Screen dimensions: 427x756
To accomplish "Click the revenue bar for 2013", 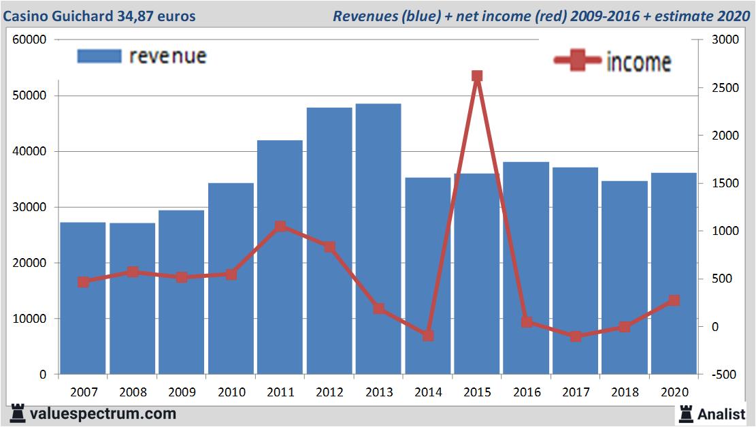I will click(x=378, y=238).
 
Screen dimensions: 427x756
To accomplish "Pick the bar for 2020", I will click(x=674, y=273).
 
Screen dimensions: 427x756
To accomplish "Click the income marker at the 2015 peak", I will click(x=477, y=76).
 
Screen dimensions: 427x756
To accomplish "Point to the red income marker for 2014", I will click(x=428, y=336).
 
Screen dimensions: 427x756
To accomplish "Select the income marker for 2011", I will click(x=280, y=226).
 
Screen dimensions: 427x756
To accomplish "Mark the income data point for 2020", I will click(x=674, y=300).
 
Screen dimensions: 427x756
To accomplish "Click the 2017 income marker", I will click(x=576, y=336).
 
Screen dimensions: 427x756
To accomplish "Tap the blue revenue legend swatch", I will click(x=99, y=56).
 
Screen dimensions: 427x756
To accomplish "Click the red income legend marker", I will click(x=578, y=61).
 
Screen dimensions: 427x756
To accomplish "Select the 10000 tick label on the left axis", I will click(x=29, y=319).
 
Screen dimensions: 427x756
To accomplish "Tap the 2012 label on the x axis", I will click(x=329, y=392).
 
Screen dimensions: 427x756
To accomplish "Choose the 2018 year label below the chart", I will click(x=625, y=392).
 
